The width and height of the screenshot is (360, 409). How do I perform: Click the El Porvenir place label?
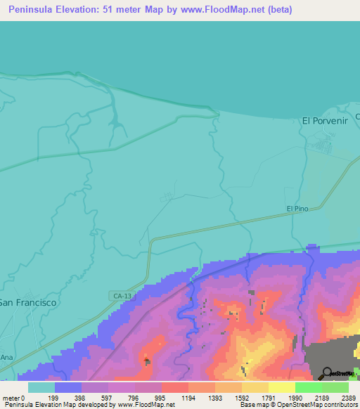click(326, 120)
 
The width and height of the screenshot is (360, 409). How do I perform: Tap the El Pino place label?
click(297, 209)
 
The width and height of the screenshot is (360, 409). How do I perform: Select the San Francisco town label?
click(27, 301)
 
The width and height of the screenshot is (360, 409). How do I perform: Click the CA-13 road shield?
click(121, 297)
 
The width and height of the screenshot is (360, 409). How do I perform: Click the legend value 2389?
click(349, 397)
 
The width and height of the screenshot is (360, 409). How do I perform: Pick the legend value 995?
click(161, 397)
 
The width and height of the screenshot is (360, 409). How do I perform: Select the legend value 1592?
click(241, 397)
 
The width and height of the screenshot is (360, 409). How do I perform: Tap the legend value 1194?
click(188, 397)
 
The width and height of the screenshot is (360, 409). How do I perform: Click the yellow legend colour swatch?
click(281, 387)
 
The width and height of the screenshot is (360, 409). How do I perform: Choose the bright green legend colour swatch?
click(308, 387)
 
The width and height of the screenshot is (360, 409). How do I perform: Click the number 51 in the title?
click(120, 10)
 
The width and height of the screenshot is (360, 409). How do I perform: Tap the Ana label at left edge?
click(6, 357)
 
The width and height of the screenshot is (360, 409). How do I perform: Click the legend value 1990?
click(295, 397)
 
